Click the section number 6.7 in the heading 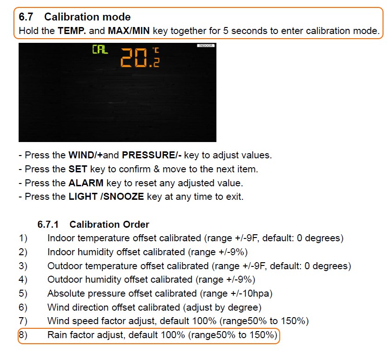(26, 17)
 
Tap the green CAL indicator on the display (100, 50)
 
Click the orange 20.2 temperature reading (140, 58)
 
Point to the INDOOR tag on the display (205, 46)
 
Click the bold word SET (78, 169)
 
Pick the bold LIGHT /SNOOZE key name (106, 197)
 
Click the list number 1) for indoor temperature (23, 238)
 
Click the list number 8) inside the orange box (23, 336)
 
